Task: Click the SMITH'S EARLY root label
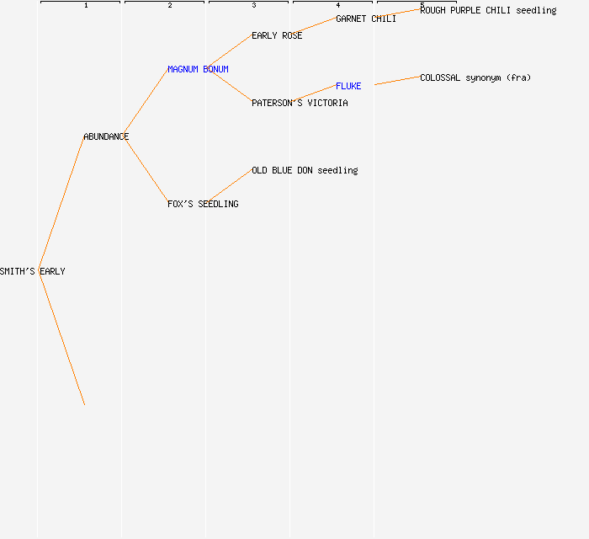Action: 33,271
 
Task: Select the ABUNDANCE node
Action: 106,136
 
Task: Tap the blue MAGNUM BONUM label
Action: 198,69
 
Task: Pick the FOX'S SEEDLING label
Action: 203,204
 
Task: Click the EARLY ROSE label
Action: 277,35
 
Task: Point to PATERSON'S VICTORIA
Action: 300,103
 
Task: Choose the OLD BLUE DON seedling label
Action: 305,170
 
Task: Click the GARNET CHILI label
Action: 366,19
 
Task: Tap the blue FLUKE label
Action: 348,86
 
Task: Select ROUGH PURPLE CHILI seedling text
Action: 488,10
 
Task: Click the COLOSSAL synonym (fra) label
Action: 475,77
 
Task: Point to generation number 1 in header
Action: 86,5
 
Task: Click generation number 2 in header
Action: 170,5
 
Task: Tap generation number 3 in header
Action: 254,5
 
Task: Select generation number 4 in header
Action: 338,5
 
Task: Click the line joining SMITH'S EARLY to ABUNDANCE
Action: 61,203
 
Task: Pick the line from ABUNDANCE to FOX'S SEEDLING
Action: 146,170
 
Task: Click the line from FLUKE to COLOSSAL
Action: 397,81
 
